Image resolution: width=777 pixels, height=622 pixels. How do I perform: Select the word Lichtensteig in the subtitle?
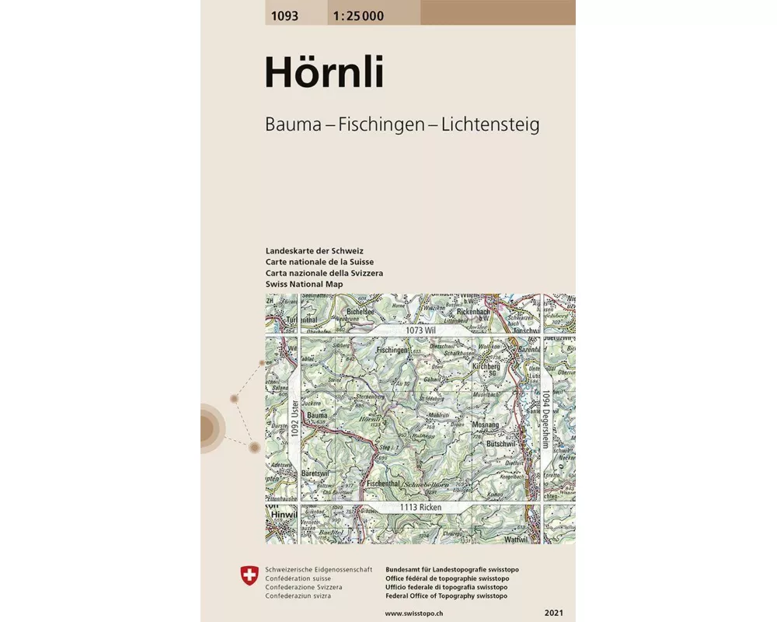point(490,124)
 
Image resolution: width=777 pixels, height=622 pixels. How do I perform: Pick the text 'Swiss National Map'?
point(304,284)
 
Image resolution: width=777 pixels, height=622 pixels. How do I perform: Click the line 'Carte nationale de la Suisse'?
point(319,262)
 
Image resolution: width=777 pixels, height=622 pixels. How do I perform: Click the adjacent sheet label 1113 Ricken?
point(421,507)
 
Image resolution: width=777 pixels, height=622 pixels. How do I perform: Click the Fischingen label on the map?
point(392,351)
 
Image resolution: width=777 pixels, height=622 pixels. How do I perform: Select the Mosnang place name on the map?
point(486,425)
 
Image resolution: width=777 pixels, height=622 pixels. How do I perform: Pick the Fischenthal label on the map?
point(382,483)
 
